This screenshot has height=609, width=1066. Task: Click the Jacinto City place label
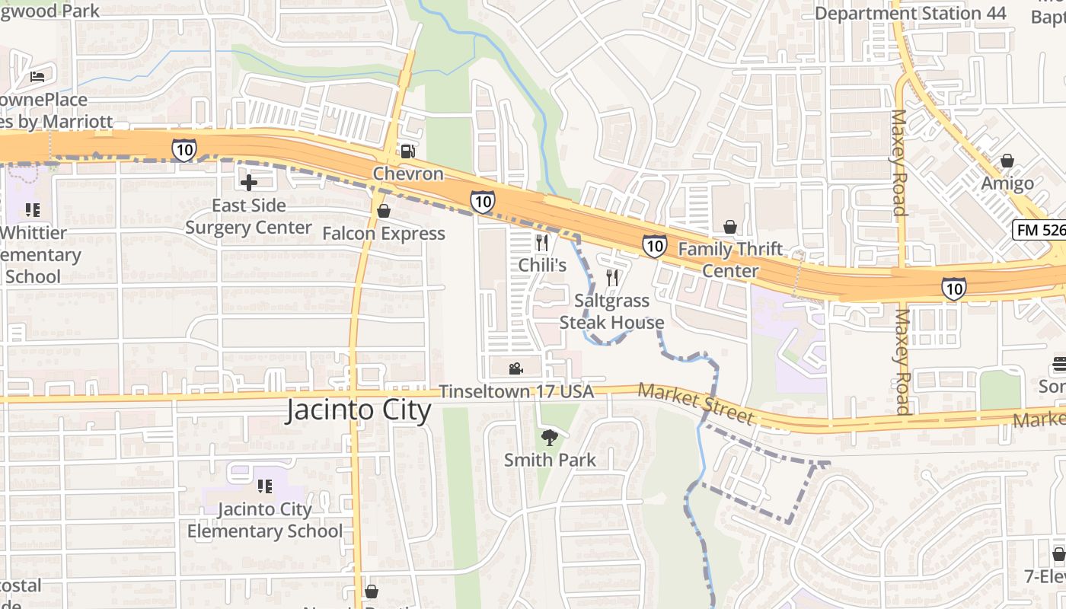pos(359,410)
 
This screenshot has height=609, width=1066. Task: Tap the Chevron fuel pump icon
pos(409,151)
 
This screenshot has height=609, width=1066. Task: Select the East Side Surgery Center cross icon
pos(248,183)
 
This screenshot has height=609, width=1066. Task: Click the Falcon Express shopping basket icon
pos(384,211)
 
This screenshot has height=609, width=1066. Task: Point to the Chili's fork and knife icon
pos(542,243)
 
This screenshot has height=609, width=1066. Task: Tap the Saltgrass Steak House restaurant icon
pos(612,278)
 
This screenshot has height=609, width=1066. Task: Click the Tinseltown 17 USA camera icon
pos(515,369)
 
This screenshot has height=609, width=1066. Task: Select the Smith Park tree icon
pos(549,437)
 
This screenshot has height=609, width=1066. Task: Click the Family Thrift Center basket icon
pos(730,227)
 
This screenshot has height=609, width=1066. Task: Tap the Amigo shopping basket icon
pos(1007,161)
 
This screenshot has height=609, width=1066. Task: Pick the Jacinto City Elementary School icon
pos(265,486)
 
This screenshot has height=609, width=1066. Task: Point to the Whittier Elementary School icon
pos(32,209)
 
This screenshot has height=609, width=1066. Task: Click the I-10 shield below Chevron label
pos(482,202)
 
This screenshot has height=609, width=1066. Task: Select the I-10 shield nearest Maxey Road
pos(953,288)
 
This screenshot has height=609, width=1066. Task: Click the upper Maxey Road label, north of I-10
pos(898,163)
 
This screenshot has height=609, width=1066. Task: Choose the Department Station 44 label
pos(910,13)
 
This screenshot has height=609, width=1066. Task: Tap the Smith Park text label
pos(550,460)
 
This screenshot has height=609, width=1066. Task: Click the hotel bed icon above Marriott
pos(37,76)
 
